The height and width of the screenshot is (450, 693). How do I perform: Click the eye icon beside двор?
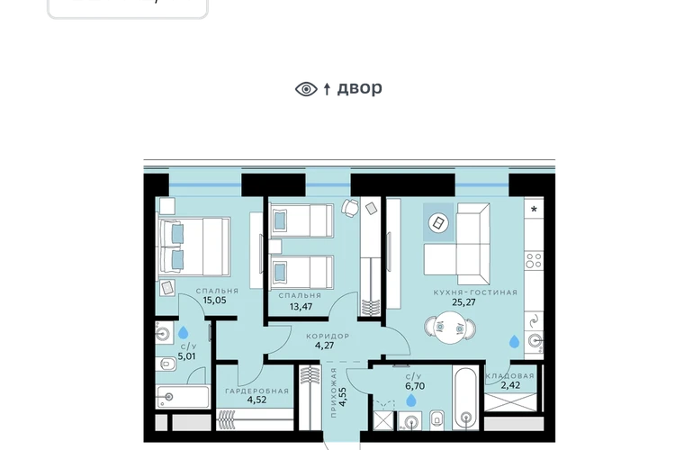[306, 89]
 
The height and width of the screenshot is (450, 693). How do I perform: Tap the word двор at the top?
[360, 88]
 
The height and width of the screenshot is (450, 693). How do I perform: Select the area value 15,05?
[214, 301]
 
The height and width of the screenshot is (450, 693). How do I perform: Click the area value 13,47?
[301, 307]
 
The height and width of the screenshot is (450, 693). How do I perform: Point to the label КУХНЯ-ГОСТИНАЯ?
[475, 292]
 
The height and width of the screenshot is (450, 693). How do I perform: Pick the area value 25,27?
[463, 302]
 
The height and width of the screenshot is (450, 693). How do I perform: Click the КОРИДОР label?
[328, 337]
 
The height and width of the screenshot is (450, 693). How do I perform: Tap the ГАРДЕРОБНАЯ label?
[256, 391]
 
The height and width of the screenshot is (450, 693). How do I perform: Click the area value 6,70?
[415, 386]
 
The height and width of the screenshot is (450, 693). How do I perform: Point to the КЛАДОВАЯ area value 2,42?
[510, 385]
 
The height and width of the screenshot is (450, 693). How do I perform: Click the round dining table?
[450, 328]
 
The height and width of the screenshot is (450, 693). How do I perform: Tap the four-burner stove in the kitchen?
[534, 260]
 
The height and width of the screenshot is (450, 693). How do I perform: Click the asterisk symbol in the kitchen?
[534, 210]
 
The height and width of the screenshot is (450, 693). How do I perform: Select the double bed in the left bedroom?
[193, 247]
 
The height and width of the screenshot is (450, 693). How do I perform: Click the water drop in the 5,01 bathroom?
[183, 332]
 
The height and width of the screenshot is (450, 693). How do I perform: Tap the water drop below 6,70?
[411, 400]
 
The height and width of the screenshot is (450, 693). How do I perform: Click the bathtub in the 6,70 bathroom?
[465, 398]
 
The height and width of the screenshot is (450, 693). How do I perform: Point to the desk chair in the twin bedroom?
[349, 207]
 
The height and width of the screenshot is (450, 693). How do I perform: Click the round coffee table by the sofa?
[438, 223]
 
